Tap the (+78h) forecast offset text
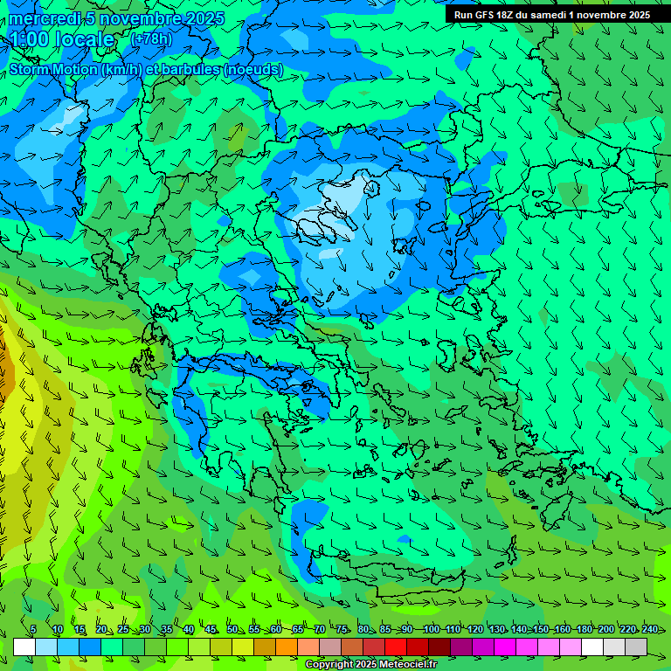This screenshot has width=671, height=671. [151, 38]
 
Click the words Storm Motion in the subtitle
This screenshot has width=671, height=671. [53, 70]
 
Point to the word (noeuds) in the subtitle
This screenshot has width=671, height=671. [253, 70]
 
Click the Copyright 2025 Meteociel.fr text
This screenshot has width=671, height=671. [370, 665]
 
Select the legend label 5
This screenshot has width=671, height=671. [32, 629]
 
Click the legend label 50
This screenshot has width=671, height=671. [232, 629]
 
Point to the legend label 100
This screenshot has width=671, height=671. [431, 629]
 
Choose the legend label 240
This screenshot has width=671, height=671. [649, 629]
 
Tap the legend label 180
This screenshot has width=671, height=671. [584, 629]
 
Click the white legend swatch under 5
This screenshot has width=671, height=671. [24, 647]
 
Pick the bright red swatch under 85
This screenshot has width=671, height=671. [396, 647]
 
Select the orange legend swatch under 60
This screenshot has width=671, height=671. [287, 647]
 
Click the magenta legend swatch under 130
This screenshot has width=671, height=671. [505, 647]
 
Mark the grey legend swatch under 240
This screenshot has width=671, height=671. [636, 647]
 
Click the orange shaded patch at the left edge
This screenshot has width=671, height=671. [4, 367]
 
